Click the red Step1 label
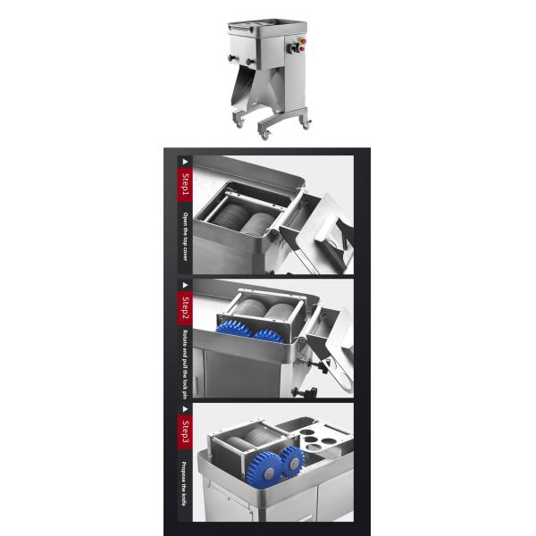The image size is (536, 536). pyautogui.click(x=184, y=188)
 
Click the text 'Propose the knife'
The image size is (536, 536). pyautogui.click(x=184, y=479)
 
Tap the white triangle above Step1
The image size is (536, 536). pyautogui.click(x=184, y=163)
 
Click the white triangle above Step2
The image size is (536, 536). pyautogui.click(x=184, y=286)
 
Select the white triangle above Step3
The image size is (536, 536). pyautogui.click(x=184, y=409)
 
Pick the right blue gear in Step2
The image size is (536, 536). pyautogui.click(x=271, y=335)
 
